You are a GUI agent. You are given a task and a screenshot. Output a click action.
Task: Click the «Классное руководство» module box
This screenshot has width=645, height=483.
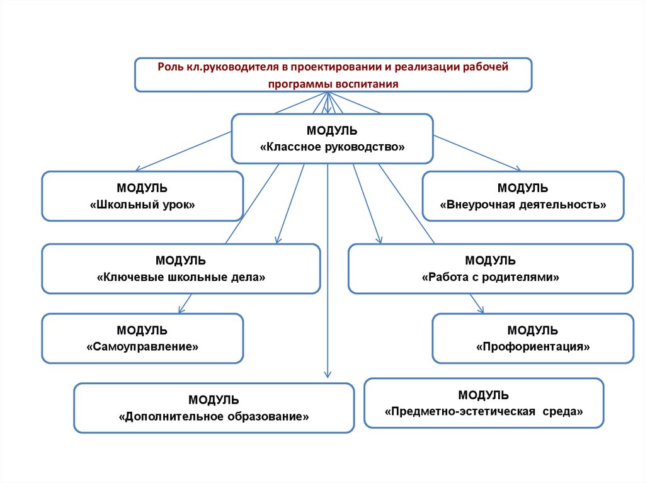coord(332,139)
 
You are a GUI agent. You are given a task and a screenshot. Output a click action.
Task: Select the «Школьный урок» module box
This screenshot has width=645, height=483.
coord(142,196)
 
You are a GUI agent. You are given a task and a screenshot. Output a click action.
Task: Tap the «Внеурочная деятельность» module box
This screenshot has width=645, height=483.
coord(523,196)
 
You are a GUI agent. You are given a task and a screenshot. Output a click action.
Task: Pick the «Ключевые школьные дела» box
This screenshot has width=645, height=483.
coord(181,269)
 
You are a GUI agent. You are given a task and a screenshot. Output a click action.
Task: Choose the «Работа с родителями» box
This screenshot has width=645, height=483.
coord(490,269)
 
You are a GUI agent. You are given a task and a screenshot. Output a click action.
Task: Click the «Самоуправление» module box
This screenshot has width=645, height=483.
coord(142,338)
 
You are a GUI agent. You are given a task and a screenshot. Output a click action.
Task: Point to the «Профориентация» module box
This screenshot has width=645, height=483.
coord(533,338)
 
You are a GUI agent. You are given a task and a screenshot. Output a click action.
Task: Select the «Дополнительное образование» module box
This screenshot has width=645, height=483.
coord(214,408)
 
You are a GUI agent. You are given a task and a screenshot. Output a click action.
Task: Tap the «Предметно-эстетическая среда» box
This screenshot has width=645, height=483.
coord(484,403)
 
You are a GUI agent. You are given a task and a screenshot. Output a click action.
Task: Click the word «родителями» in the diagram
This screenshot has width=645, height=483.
coord(530,276)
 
